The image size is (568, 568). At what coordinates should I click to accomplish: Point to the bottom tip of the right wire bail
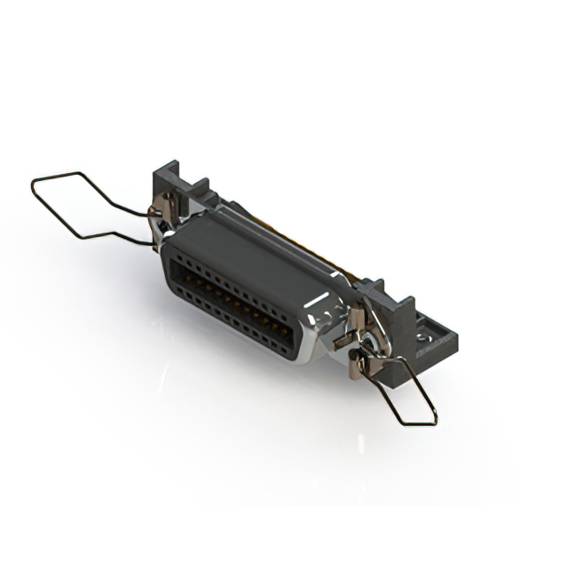433,422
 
